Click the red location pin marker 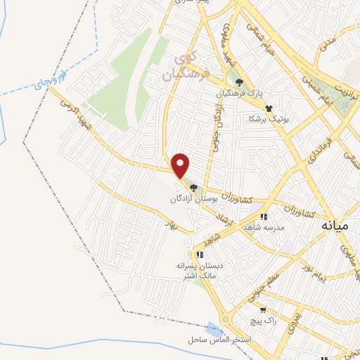coord(181,165)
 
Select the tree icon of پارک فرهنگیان coord(239,82)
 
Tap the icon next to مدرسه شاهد coord(264,218)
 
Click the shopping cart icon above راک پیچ coord(263,309)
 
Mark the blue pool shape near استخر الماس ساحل coord(214,328)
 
